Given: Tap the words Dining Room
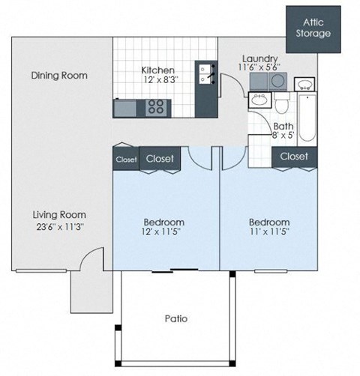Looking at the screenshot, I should [58, 75].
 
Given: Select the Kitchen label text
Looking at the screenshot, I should [158, 70].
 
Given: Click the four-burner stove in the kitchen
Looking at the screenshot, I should [156, 107].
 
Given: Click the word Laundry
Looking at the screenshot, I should [260, 58].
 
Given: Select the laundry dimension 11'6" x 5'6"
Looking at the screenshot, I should [260, 68].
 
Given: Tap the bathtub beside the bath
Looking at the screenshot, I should [306, 116].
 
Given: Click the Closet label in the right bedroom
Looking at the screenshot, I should [293, 157].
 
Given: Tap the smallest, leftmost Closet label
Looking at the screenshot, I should [125, 159].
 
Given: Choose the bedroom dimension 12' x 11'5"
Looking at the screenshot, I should [163, 233].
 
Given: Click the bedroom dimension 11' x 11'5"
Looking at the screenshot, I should [269, 233].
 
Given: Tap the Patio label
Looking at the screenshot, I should [175, 318].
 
